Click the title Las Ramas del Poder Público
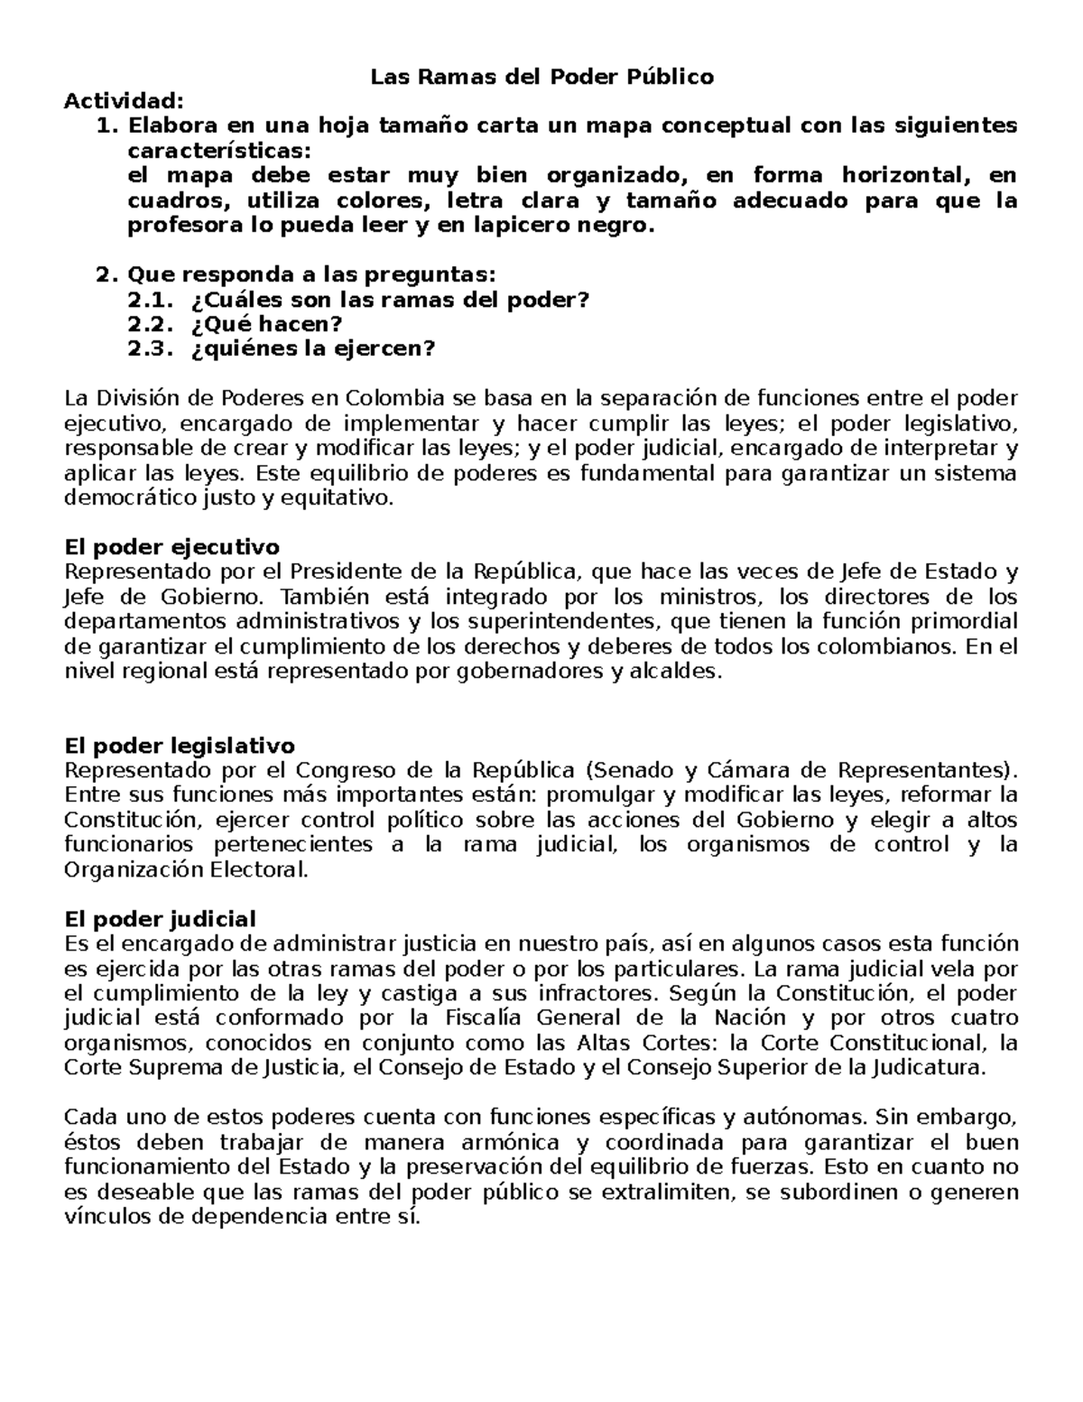pos(541,77)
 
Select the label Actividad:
pos(123,101)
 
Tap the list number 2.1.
pos(153,300)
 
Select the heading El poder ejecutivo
pos(172,547)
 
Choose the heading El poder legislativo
pos(180,746)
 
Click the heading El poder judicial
pos(161,919)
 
